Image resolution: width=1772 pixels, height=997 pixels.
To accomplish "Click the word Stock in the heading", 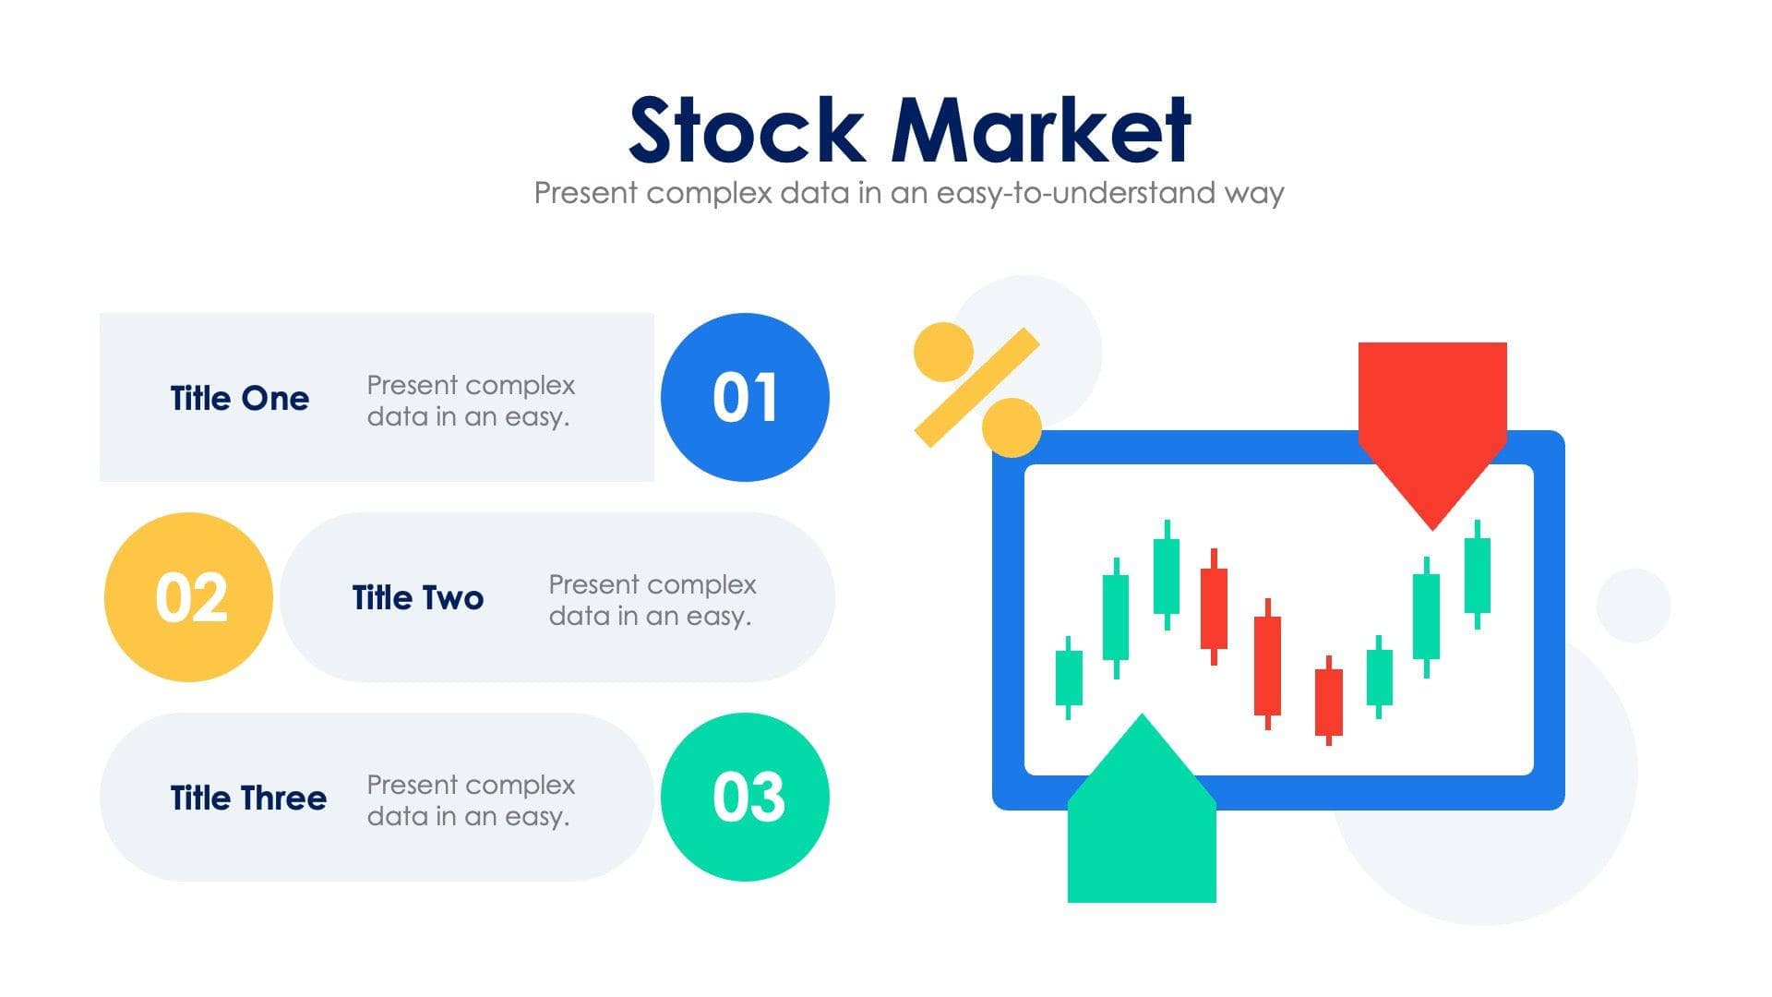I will (x=746, y=130).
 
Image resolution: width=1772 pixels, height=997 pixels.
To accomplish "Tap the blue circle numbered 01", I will (x=745, y=397).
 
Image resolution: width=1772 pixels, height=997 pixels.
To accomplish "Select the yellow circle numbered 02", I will (x=189, y=597).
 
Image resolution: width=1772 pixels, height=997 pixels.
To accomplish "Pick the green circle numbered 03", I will (x=745, y=797).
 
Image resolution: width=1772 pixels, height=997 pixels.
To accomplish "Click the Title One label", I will (x=240, y=399).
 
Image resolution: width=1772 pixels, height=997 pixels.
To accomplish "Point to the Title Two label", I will (x=418, y=598).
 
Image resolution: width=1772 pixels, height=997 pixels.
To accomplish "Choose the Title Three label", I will (x=248, y=799).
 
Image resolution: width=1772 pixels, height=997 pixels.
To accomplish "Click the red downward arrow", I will (x=1431, y=415).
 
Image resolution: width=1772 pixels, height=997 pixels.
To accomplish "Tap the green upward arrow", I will (x=1142, y=822).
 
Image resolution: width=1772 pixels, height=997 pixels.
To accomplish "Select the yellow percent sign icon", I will (x=977, y=388).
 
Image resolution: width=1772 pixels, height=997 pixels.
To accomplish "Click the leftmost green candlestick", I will (x=1069, y=678).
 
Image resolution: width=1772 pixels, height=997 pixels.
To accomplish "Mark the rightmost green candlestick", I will (x=1477, y=574).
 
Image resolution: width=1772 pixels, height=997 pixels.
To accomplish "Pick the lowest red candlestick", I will (x=1328, y=702).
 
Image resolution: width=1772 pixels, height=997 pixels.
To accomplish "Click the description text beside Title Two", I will (x=652, y=600).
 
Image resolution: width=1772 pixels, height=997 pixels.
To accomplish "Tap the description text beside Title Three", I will (x=471, y=800).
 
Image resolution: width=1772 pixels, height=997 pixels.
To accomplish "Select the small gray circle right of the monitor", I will (x=1633, y=606).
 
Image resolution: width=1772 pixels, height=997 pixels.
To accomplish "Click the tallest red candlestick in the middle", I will (x=1267, y=665).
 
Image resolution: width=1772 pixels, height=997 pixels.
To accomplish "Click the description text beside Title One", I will (x=471, y=401).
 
